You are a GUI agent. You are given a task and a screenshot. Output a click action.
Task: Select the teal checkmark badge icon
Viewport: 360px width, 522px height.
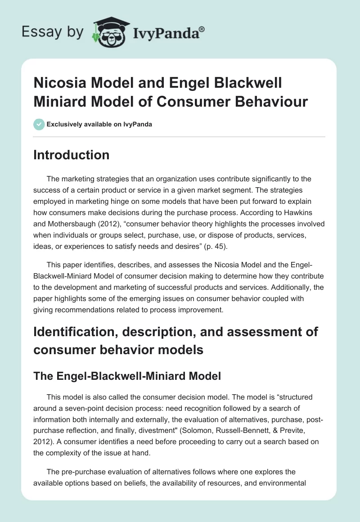point(39,124)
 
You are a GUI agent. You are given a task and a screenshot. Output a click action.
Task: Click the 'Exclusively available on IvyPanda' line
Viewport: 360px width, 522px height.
point(99,124)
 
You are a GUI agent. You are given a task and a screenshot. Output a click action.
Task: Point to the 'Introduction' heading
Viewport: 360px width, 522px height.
point(72,155)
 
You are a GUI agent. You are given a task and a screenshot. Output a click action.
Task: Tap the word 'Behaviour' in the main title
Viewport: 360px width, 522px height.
point(275,101)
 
